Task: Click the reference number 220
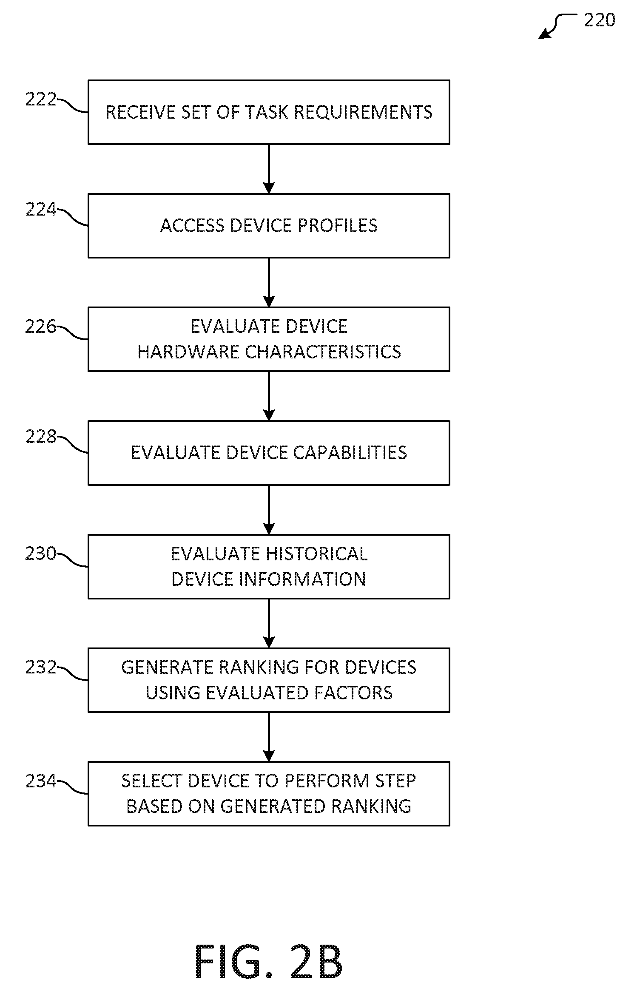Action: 599,20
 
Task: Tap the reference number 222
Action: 41,99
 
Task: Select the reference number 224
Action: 41,209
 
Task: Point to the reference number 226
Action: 41,327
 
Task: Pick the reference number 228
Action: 41,436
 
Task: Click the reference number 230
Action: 41,554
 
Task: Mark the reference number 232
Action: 41,667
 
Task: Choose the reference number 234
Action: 41,781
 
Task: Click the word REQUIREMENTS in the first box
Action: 363,112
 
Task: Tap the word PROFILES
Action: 337,226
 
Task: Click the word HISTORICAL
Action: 317,554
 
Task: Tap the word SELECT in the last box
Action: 152,781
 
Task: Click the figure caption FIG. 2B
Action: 269,961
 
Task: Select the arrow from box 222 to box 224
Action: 269,169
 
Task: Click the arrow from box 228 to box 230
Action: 269,510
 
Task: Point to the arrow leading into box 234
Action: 269,737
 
